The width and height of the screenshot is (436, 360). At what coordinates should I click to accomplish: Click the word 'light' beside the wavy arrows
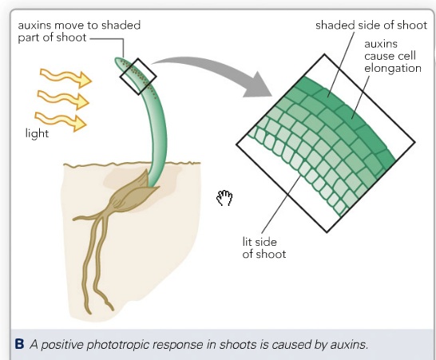pyautogui.click(x=37, y=133)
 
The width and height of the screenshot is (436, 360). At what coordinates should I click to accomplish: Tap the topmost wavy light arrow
pyautogui.click(x=66, y=77)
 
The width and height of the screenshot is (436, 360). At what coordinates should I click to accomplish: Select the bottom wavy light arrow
pyautogui.click(x=61, y=121)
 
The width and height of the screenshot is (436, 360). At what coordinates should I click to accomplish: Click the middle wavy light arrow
pyautogui.click(x=63, y=99)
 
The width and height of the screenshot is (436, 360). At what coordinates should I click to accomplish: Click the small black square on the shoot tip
pyautogui.click(x=138, y=77)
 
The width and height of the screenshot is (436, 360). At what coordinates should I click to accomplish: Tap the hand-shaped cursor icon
pyautogui.click(x=224, y=198)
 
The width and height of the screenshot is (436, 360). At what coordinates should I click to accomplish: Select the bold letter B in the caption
pyautogui.click(x=19, y=344)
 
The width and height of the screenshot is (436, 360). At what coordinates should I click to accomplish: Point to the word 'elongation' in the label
pyautogui.click(x=393, y=69)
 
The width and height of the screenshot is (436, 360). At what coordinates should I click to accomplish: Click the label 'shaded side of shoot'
pyautogui.click(x=371, y=26)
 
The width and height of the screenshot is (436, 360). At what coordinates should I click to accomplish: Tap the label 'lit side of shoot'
pyautogui.click(x=264, y=248)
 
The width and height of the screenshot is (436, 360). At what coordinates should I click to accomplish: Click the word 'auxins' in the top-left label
pyautogui.click(x=34, y=26)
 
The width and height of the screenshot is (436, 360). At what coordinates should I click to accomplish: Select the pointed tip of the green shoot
pyautogui.click(x=117, y=59)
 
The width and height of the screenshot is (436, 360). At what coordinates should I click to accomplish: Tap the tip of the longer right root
pyautogui.click(x=113, y=309)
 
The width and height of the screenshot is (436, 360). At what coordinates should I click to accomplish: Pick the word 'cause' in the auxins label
pyautogui.click(x=379, y=56)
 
